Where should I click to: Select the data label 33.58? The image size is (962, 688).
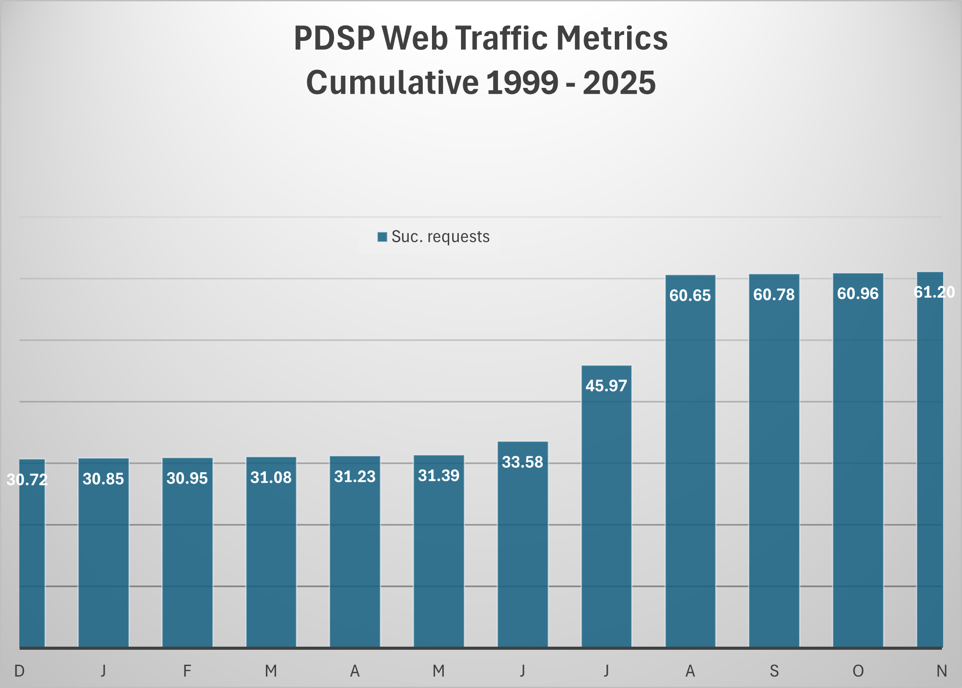[523, 462]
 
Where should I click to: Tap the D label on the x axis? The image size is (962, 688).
[19, 671]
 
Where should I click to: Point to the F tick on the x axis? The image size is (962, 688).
[187, 671]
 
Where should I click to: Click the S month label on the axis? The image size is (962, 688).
[774, 671]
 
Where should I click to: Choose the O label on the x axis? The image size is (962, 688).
[858, 671]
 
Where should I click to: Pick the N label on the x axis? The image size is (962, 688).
[941, 671]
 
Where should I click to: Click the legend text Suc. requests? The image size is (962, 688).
[440, 237]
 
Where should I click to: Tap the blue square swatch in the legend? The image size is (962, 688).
[382, 237]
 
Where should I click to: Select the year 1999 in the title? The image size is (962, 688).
[522, 83]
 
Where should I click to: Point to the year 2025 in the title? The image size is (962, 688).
[619, 83]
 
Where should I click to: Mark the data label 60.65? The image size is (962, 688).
[690, 295]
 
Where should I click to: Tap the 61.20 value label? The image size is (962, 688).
[934, 292]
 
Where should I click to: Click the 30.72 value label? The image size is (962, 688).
[27, 480]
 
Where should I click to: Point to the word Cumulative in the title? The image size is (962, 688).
[392, 83]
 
